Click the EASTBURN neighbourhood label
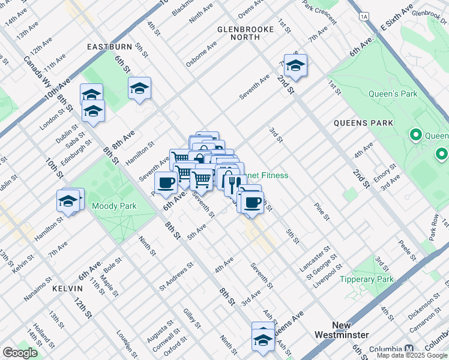[109, 46]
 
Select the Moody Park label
[114, 206]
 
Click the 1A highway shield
[364, 17]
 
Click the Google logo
[20, 353]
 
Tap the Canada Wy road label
[36, 70]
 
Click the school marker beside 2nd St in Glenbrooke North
[295, 66]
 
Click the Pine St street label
[321, 213]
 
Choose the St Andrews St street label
[176, 275]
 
